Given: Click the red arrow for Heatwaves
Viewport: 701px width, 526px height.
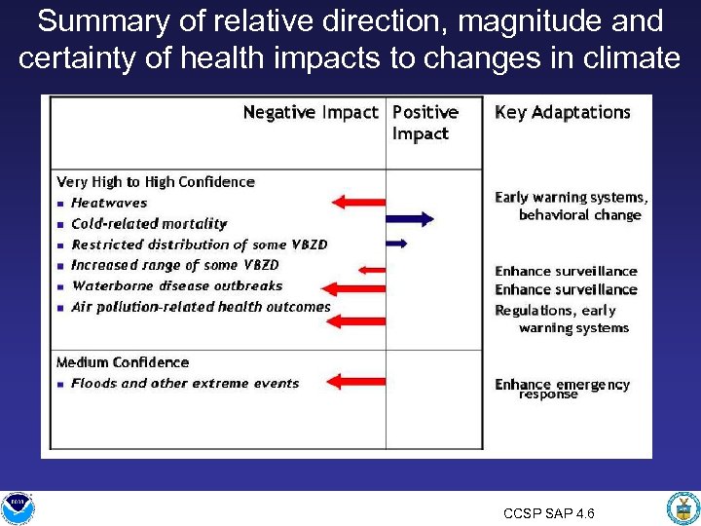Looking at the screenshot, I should (x=358, y=203).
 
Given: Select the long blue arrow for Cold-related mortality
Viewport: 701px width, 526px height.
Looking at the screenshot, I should (x=410, y=220).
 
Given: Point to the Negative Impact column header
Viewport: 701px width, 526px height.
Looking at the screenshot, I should (x=310, y=113).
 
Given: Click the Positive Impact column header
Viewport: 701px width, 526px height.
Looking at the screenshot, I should (x=424, y=123).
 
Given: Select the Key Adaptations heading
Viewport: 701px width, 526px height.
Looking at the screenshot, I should (x=562, y=113).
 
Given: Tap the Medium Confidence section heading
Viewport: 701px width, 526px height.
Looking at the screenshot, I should (x=123, y=362).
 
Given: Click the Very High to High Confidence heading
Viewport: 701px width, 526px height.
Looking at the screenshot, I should (x=156, y=182).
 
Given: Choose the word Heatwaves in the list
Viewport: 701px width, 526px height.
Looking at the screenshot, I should (x=109, y=203).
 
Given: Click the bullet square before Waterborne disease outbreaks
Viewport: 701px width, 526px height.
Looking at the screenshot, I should (x=61, y=287).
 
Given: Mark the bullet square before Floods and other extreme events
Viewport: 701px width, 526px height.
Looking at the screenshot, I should (x=61, y=384).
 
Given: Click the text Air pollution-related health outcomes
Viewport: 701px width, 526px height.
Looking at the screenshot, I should (x=201, y=307).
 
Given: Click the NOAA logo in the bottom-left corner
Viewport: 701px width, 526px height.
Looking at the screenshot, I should (x=17, y=507).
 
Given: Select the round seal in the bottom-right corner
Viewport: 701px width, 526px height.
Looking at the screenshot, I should (x=683, y=507).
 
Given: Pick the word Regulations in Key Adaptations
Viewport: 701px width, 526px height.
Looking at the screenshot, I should (x=535, y=311).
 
